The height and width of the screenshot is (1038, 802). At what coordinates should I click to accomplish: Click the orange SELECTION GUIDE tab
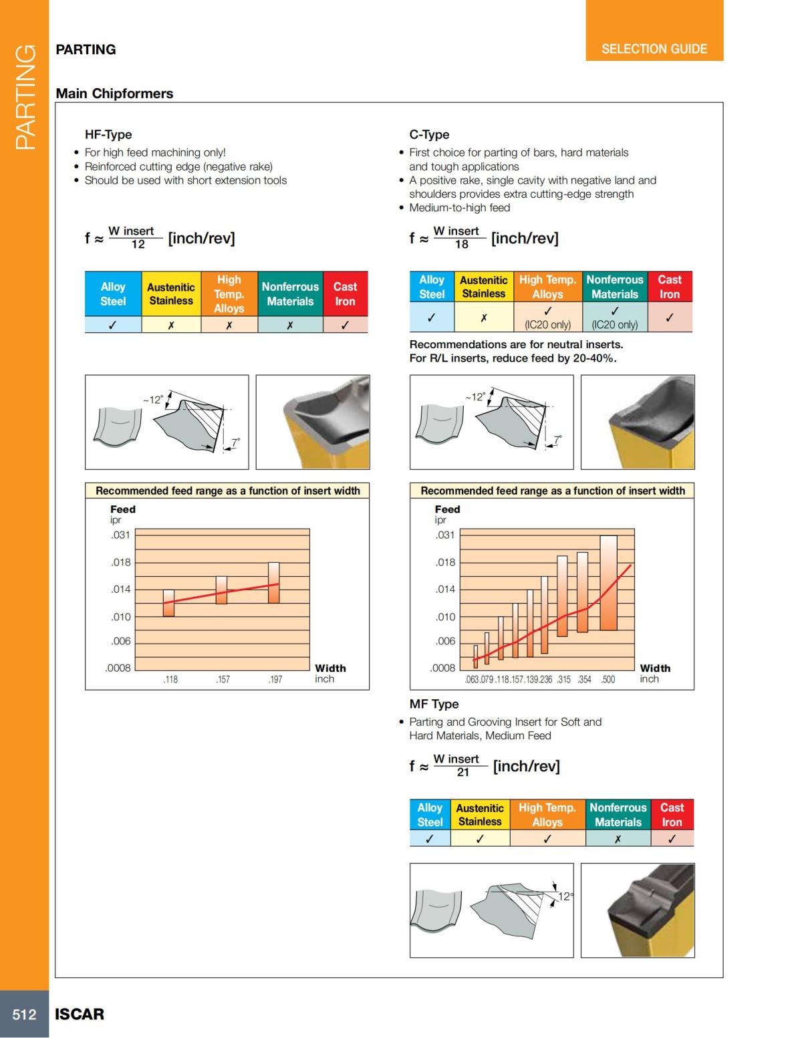point(654,49)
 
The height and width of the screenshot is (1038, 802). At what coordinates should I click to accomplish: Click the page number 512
point(24,1014)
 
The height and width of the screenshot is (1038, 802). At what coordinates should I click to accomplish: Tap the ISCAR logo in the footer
point(80,1014)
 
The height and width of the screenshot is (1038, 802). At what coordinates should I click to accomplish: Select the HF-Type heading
point(108,134)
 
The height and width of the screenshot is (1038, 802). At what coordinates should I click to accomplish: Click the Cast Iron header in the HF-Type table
point(345,293)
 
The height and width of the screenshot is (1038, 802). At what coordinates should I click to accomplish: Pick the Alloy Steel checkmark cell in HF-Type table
point(113,326)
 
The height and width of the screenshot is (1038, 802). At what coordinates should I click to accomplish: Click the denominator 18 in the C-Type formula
point(461,245)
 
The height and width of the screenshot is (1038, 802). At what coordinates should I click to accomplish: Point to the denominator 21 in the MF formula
point(462,773)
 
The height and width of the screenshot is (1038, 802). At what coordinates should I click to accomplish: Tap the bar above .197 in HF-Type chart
point(274,582)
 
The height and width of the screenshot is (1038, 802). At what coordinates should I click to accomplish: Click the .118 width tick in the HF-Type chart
point(170,679)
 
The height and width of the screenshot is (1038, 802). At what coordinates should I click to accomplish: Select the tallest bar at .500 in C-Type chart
point(608,582)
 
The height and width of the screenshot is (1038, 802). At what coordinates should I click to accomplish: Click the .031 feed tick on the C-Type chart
point(445,535)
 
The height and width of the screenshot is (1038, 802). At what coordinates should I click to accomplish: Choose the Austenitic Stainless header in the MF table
point(480,815)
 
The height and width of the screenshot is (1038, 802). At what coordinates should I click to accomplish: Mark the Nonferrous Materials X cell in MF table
point(618,839)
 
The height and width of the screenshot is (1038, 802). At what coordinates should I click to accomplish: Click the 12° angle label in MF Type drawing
point(565,896)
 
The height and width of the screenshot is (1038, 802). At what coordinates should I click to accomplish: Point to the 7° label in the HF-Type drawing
point(235,442)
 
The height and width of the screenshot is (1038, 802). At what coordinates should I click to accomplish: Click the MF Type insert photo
point(638,910)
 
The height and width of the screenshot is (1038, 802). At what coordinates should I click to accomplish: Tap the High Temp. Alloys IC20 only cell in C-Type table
point(547,317)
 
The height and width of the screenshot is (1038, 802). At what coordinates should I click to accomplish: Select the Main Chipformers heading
point(114,94)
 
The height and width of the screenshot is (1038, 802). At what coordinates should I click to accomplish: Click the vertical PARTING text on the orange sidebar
point(25,97)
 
